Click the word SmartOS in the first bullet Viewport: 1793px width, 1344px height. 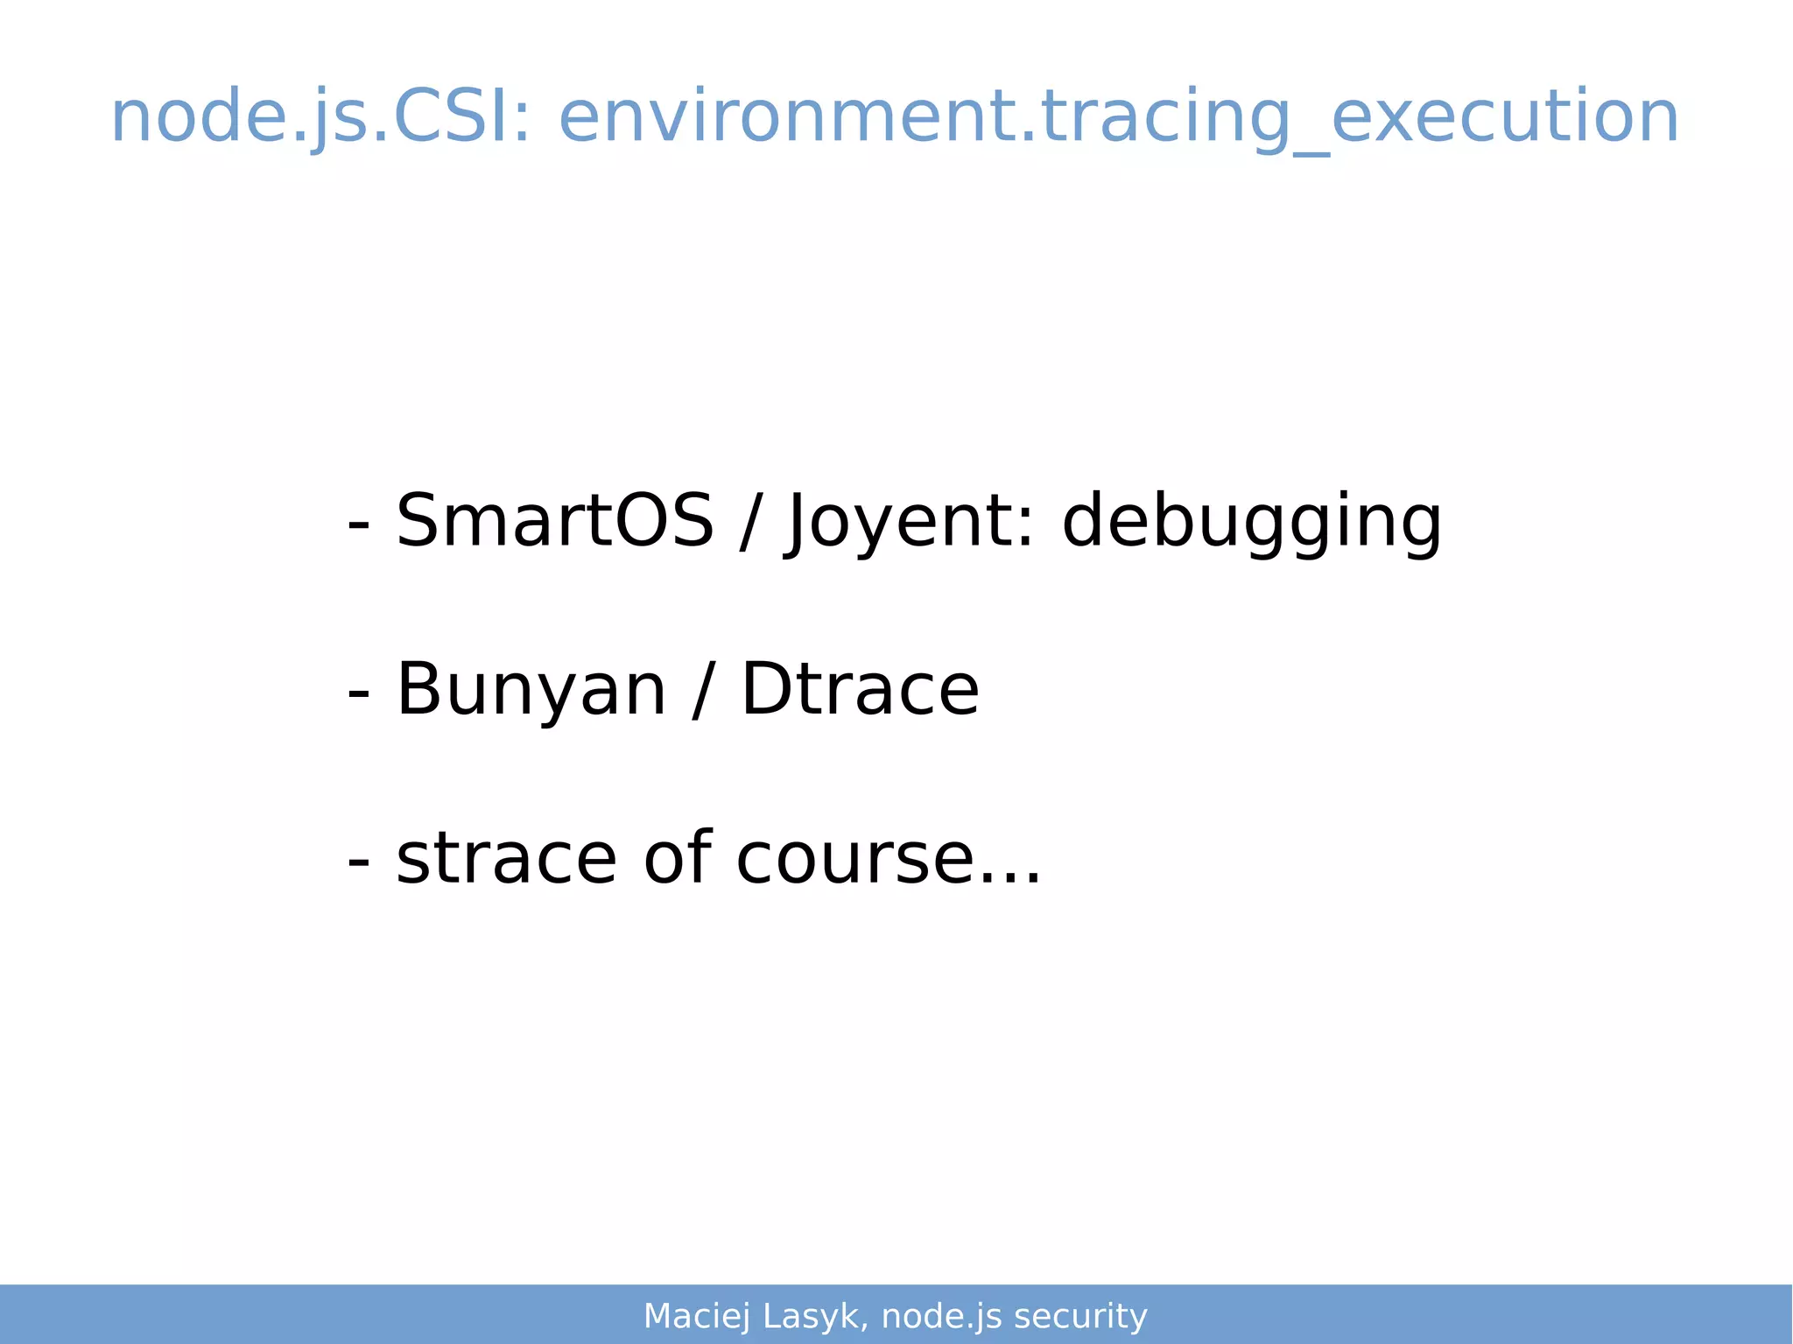click(554, 521)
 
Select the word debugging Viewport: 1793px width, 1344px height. click(1251, 523)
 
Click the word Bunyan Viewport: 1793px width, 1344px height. click(531, 690)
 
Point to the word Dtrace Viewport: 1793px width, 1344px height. click(860, 690)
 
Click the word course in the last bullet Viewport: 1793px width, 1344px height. click(854, 860)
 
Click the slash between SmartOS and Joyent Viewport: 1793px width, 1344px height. click(749, 523)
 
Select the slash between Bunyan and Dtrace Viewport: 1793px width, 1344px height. click(702, 690)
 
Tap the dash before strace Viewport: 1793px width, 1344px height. click(358, 862)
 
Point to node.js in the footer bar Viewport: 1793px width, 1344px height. click(941, 1316)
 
